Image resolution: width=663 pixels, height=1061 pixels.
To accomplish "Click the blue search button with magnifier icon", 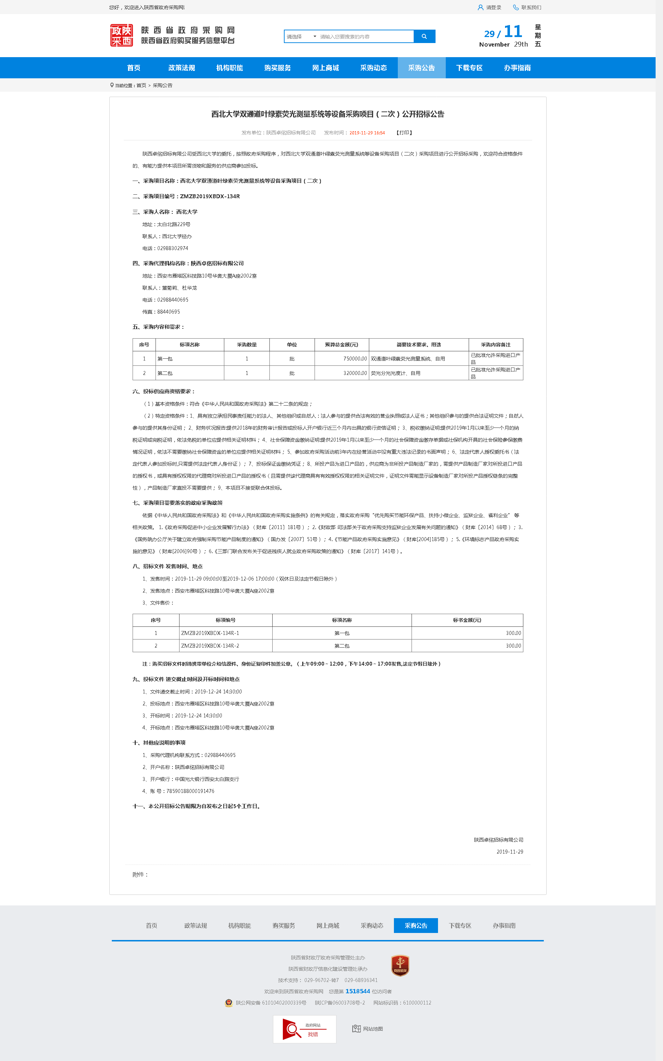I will click(x=424, y=36).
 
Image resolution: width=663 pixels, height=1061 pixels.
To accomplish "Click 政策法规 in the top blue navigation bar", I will click(x=182, y=68).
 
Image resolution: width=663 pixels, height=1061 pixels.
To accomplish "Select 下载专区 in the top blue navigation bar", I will click(x=469, y=68).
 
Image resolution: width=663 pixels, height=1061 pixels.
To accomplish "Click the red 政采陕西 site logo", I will click(x=121, y=36).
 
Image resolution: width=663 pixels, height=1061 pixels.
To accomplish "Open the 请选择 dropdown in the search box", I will click(x=301, y=37).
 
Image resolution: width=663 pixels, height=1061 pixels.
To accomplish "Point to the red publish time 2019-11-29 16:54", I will click(x=367, y=133).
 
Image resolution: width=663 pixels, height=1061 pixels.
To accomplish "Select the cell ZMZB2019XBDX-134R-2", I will click(x=210, y=646).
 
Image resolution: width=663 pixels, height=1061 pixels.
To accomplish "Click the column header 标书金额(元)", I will click(x=467, y=620).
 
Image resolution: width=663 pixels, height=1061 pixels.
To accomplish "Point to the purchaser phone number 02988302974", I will click(x=172, y=248).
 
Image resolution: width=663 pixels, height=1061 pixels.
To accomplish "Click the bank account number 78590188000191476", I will click(x=190, y=791).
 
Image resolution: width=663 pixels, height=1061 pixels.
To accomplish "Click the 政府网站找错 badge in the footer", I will click(x=304, y=1029).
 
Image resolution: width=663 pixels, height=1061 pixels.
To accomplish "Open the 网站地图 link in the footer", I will click(x=368, y=1029).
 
